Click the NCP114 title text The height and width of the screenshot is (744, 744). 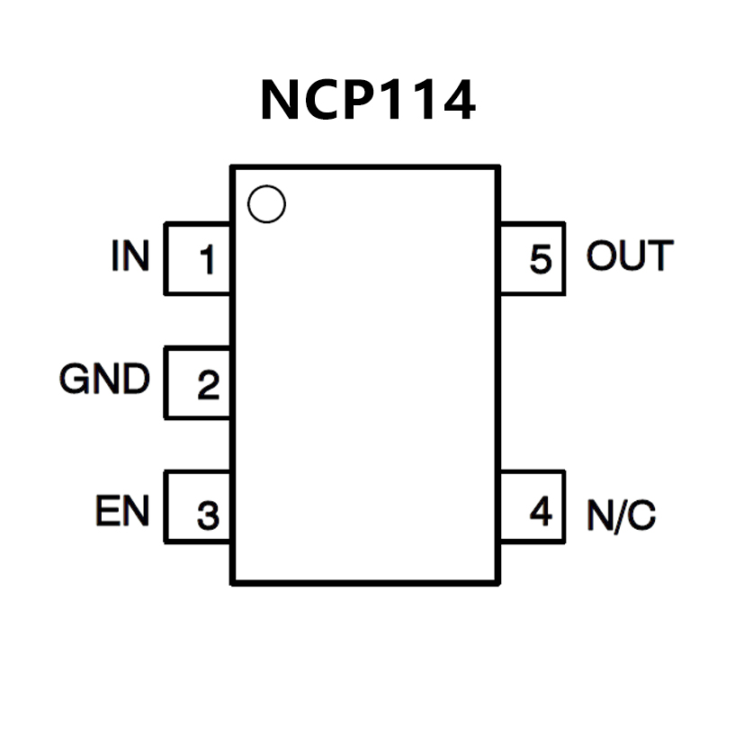(367, 100)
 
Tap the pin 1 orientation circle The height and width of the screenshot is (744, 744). (265, 205)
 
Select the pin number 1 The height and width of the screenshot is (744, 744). (208, 261)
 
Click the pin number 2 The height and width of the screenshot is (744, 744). (208, 385)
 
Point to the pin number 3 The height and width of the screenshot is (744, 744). (208, 516)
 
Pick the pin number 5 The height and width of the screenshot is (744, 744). (540, 260)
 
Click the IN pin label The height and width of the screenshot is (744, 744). (130, 256)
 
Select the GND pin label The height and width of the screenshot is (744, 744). (104, 381)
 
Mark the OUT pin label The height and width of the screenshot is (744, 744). (629, 256)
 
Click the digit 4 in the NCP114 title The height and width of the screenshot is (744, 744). (455, 100)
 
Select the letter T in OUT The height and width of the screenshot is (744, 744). (660, 256)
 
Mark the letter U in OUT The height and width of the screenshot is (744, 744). (631, 256)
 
